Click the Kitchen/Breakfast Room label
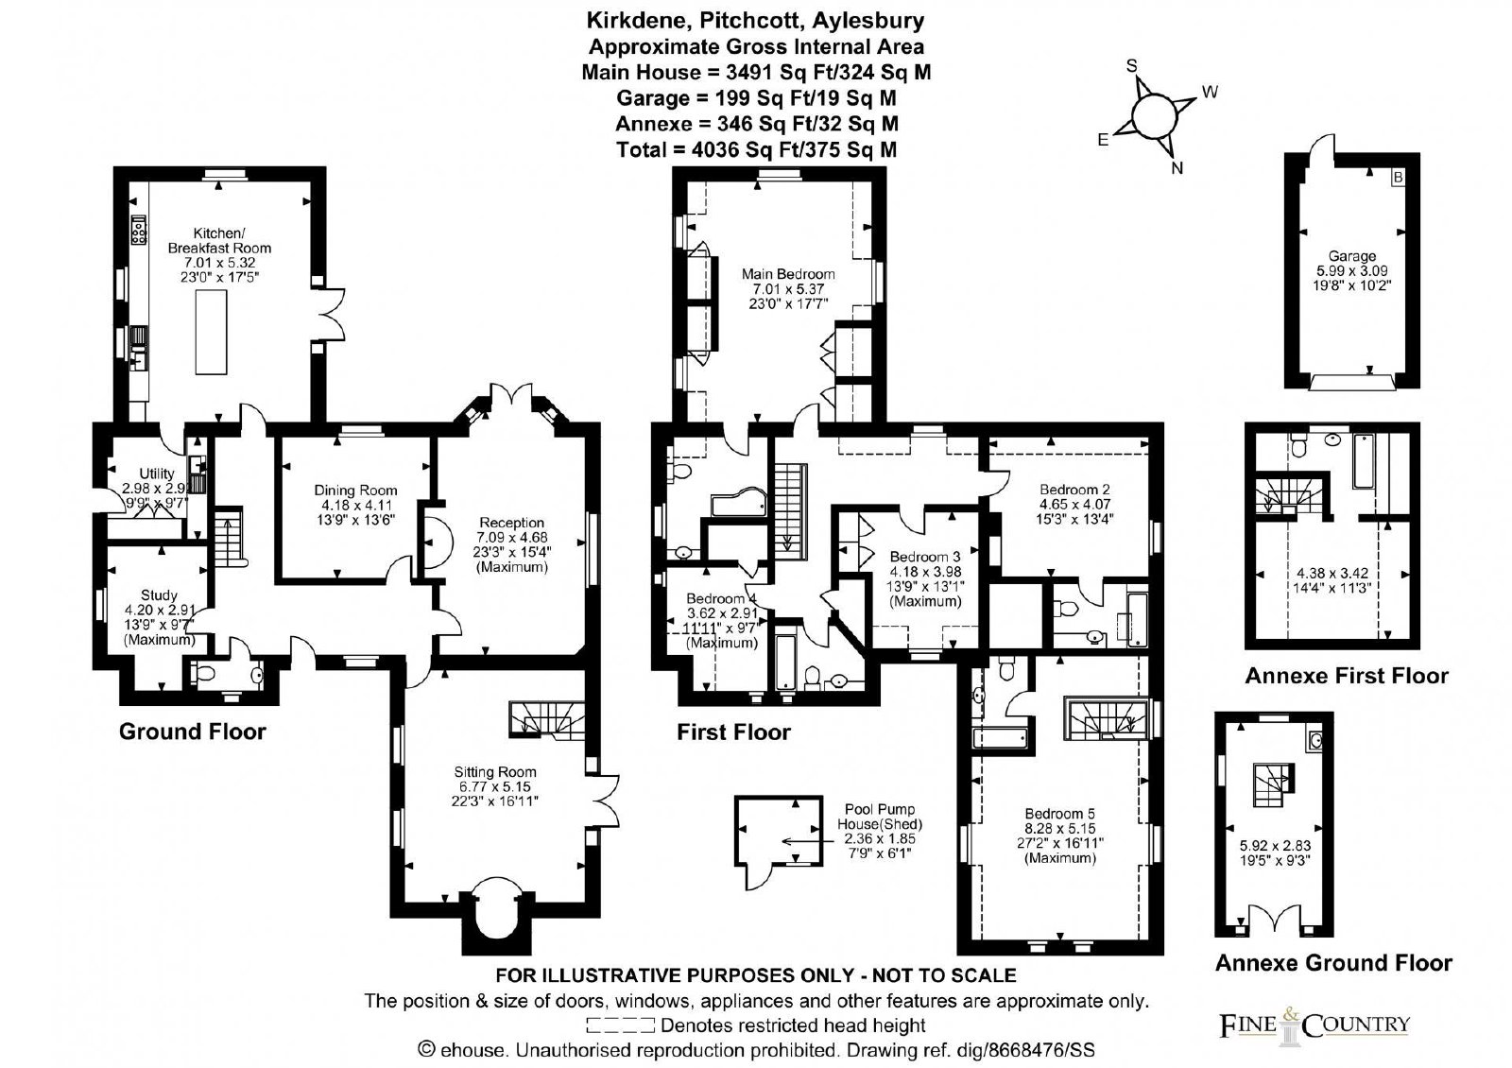[x=219, y=240]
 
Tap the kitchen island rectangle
[x=211, y=332]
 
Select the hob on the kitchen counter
[x=139, y=230]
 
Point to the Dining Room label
[x=355, y=491]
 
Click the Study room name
[x=160, y=594]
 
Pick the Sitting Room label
[x=495, y=771]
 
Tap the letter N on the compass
[x=1177, y=168]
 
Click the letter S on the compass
[x=1132, y=65]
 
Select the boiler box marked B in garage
[x=1399, y=178]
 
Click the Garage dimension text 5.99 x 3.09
[x=1351, y=270]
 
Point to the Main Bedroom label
[x=788, y=274]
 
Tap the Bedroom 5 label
[x=1059, y=814]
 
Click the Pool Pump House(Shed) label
[x=880, y=817]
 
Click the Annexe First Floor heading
[x=1347, y=676]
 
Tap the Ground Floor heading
[x=193, y=732]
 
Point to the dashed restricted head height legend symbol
[x=620, y=1025]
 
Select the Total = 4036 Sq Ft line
[x=757, y=149]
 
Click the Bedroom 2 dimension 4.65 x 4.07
[x=1074, y=504]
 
